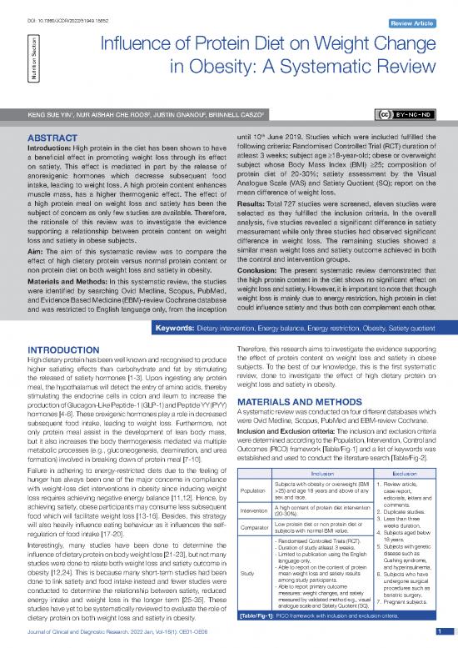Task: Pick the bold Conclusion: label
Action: coord(261,257)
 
